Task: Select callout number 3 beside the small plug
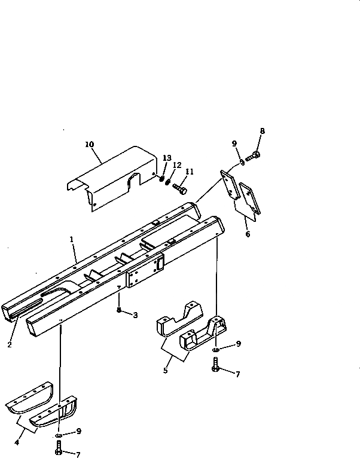pyautogui.click(x=135, y=315)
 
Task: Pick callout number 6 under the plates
pyautogui.click(x=248, y=234)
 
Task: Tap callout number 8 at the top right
pyautogui.click(x=262, y=130)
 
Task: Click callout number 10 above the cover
pyautogui.click(x=89, y=144)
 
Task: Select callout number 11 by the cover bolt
pyautogui.click(x=190, y=172)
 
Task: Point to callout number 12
pyautogui.click(x=177, y=165)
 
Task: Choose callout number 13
pyautogui.click(x=167, y=158)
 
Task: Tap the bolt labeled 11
pyautogui.click(x=180, y=188)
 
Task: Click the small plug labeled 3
pyautogui.click(x=120, y=310)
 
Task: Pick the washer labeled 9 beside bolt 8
pyautogui.click(x=242, y=160)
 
